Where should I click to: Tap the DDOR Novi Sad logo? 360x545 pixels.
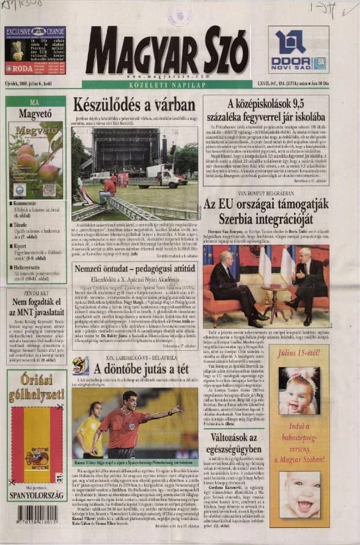(298, 49)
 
